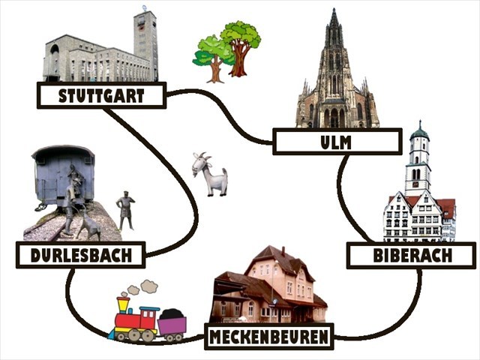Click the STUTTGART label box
101,95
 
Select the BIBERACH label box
412,256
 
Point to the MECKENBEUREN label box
268,337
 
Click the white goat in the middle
209,174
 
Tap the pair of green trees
227,51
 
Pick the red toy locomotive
135,319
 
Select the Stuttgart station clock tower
145,41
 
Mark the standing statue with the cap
125,211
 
